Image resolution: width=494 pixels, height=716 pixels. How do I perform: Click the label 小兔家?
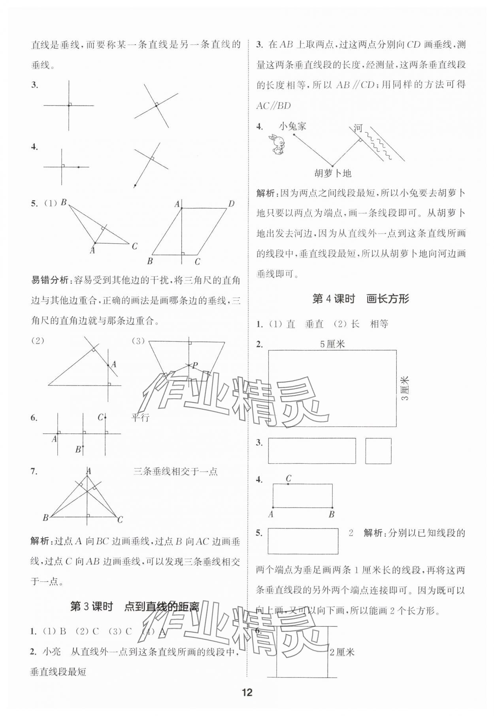coord(292,126)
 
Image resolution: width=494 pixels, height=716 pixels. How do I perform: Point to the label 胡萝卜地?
coord(333,173)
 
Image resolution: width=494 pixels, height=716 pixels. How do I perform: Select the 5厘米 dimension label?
coord(332,344)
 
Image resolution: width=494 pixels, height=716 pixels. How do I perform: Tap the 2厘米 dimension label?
coord(342,652)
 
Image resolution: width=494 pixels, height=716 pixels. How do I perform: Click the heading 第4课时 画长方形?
coord(360,299)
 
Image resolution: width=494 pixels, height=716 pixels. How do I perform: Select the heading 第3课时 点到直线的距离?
coord(134,607)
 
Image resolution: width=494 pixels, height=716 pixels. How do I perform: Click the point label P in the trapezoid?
coord(195,365)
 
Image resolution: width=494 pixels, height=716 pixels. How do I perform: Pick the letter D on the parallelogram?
coord(231,204)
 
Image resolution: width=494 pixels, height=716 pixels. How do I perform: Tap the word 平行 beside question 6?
coord(140,418)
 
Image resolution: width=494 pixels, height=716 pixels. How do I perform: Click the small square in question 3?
coord(378,450)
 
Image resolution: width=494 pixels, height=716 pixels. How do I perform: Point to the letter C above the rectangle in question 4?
coord(288,478)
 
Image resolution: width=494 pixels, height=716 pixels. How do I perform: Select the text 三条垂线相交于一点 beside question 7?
coord(175,471)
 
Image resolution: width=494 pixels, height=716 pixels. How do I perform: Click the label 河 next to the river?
coord(358,128)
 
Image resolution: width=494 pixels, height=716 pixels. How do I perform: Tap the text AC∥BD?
coord(273,105)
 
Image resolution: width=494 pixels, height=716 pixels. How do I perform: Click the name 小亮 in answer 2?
coord(51,652)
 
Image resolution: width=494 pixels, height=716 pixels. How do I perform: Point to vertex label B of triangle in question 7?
coord(45,517)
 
